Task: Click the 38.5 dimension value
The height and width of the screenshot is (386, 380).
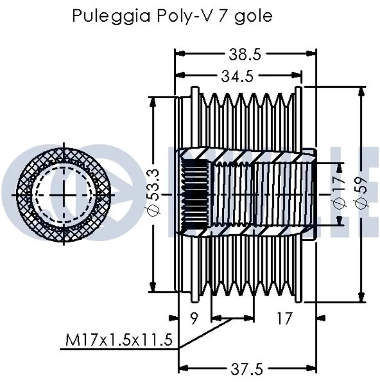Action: coord(245,55)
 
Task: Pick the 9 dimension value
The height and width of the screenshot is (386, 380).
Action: coord(194,318)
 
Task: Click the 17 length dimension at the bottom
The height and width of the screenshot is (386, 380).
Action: coord(284,318)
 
